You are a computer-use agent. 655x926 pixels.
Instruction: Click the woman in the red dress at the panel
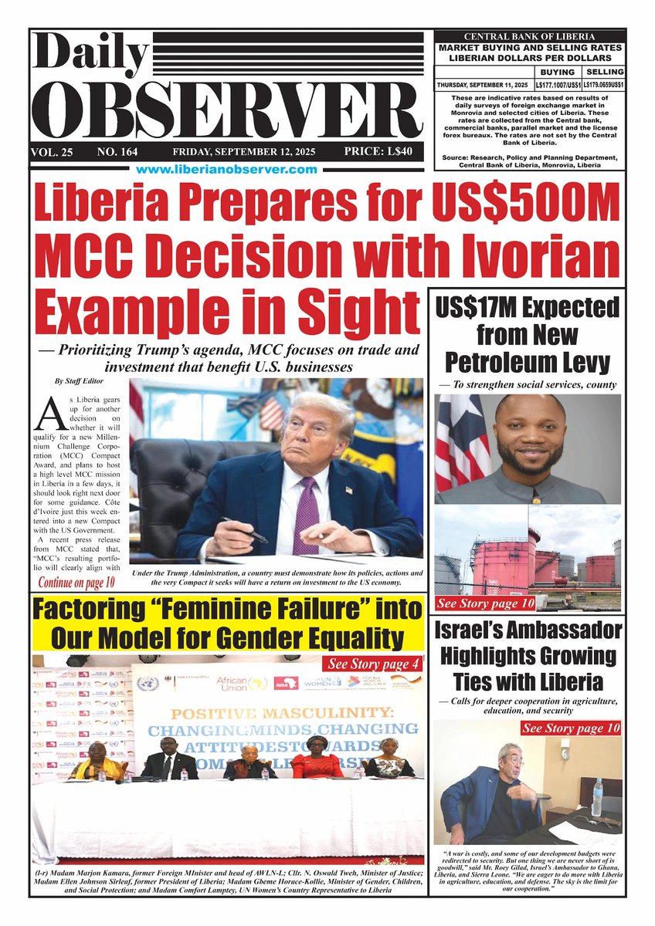pyautogui.click(x=317, y=759)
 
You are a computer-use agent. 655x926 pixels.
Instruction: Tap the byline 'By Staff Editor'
pyautogui.click(x=76, y=380)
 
